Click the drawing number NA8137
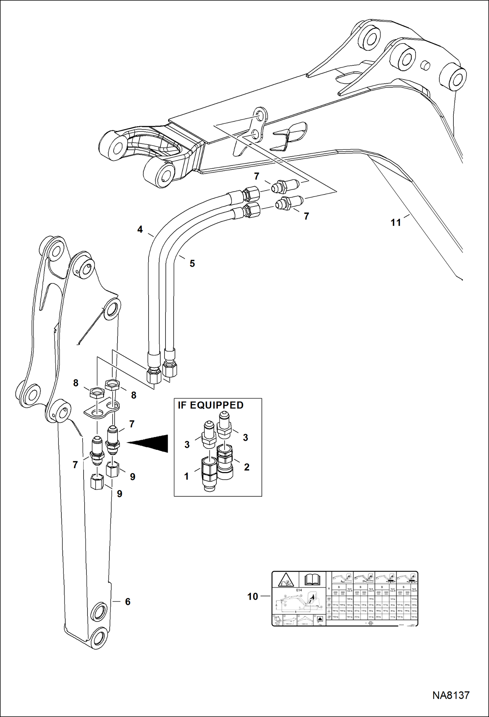pyautogui.click(x=451, y=695)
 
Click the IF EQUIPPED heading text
pyautogui.click(x=211, y=405)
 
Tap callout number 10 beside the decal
pyautogui.click(x=252, y=597)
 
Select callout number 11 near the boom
pyautogui.click(x=396, y=223)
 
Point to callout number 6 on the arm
pyautogui.click(x=128, y=602)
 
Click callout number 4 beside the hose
pyautogui.click(x=140, y=230)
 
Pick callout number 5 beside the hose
pyautogui.click(x=192, y=263)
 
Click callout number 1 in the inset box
pyautogui.click(x=186, y=476)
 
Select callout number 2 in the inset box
pyautogui.click(x=246, y=467)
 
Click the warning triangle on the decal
pyautogui.click(x=286, y=581)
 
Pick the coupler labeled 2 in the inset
pyautogui.click(x=225, y=462)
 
